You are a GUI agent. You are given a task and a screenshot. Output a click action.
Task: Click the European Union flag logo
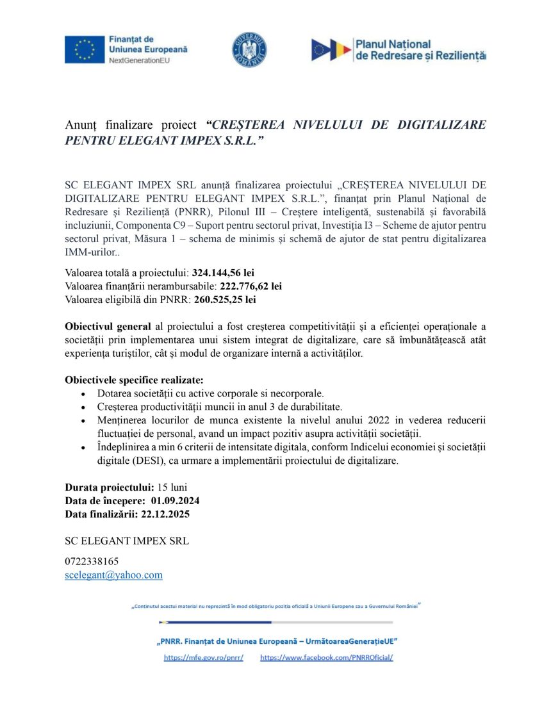[x=84, y=49]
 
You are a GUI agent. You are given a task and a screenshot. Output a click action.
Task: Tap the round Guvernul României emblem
[x=249, y=50]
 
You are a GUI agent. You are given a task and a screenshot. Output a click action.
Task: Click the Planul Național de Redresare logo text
[x=420, y=50]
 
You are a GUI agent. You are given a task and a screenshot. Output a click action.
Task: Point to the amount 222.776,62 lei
[x=251, y=286]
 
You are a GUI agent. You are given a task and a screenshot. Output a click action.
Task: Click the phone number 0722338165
[x=92, y=561]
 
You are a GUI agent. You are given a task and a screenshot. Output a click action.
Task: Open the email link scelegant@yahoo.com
[x=113, y=575]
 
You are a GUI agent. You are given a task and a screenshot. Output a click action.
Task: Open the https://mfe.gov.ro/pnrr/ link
[x=203, y=658]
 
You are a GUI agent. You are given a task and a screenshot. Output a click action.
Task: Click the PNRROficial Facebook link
[x=326, y=658]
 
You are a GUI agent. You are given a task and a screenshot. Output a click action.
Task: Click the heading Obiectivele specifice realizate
[x=133, y=379]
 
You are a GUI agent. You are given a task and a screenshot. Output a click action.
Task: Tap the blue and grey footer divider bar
[x=275, y=622]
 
